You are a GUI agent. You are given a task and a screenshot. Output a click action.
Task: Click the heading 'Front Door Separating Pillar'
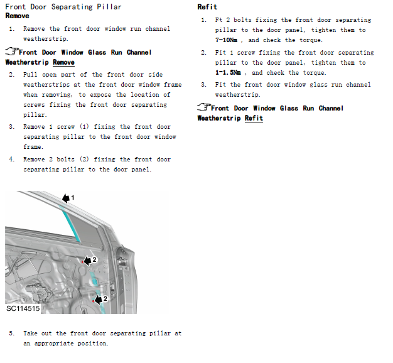click(x=63, y=7)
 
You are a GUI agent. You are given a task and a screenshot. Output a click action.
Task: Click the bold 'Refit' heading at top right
click(x=207, y=7)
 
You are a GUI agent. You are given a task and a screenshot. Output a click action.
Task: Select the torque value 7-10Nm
click(x=226, y=40)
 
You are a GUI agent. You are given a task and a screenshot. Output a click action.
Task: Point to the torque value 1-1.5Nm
click(x=228, y=73)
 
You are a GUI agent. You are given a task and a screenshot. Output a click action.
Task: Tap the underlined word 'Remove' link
click(x=63, y=62)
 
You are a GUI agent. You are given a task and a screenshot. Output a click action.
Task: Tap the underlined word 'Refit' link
click(x=254, y=118)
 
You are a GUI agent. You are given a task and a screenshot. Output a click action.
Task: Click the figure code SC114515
click(x=23, y=308)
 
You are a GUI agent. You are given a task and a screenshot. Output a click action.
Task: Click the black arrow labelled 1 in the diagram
click(x=66, y=198)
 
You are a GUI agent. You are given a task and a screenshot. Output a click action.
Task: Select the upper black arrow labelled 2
click(x=87, y=261)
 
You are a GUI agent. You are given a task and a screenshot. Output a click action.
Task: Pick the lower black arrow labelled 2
click(x=99, y=300)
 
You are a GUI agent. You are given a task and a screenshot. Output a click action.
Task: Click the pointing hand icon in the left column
click(x=12, y=51)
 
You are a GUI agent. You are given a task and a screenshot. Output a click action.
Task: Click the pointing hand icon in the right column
click(x=204, y=107)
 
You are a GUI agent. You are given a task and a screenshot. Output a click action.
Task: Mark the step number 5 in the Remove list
click(x=11, y=333)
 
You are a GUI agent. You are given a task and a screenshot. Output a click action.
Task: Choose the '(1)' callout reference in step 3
click(x=84, y=127)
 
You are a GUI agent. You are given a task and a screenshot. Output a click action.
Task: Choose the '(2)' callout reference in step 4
click(x=84, y=159)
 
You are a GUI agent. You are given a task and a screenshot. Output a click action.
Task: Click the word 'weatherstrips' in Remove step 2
click(x=46, y=85)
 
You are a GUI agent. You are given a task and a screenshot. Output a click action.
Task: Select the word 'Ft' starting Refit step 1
click(x=218, y=20)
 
